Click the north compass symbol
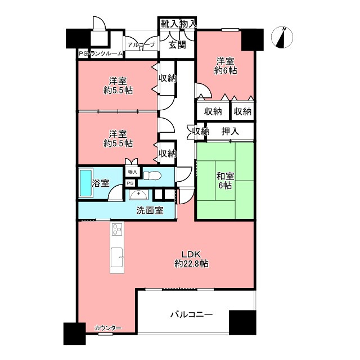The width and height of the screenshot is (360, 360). coord(282,37)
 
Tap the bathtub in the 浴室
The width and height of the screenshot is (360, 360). coord(86,183)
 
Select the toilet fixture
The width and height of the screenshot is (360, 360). coord(152,176)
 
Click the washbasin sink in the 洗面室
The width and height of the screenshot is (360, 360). coord(138,195)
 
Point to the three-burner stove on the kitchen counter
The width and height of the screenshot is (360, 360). coord(117,229)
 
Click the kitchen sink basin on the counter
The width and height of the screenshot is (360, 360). coord(117,258)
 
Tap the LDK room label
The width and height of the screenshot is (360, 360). coord(191,254)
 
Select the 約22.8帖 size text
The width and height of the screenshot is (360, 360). coord(191,264)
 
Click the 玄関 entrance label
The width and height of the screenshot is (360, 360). coord(177,45)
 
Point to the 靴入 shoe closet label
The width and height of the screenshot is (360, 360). coord(169,24)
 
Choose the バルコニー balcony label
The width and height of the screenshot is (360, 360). coord(191,314)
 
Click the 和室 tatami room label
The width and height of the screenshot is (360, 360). coord(225,176)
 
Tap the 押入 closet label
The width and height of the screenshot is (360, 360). coord(230,131)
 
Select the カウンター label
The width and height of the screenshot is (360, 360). coord(108,328)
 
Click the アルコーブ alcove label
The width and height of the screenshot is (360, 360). coord(141,45)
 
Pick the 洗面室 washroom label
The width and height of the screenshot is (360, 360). coord(150,210)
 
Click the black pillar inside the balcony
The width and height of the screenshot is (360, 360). coord(242,322)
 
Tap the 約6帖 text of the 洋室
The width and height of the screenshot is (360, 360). coord(226,70)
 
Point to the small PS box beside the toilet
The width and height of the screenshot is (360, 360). coord(130,183)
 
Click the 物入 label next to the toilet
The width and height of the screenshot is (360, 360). coord(133,172)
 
